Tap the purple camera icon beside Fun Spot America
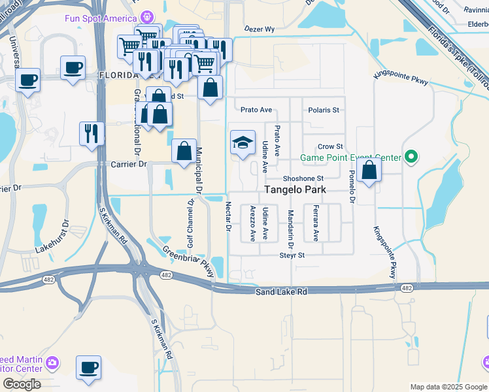148,17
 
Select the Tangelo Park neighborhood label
295,190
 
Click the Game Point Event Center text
350,157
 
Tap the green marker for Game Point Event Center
411,157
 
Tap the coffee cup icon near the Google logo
88,368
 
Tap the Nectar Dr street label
229,217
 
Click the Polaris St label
324,110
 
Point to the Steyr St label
292,255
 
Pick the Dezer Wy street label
260,29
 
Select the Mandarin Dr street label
290,223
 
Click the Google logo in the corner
22,384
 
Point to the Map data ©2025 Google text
448,387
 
